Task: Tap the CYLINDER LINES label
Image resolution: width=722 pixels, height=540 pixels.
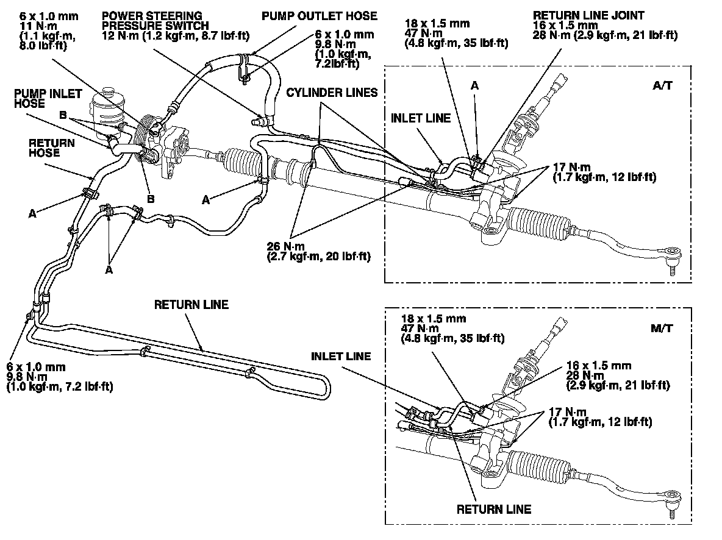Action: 333,93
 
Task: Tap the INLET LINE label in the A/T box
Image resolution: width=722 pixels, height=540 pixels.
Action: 421,117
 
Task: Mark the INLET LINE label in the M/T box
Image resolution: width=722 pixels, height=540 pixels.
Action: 341,356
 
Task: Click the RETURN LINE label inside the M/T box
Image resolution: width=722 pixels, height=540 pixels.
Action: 494,509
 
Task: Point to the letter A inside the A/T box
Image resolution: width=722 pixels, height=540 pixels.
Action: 474,87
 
